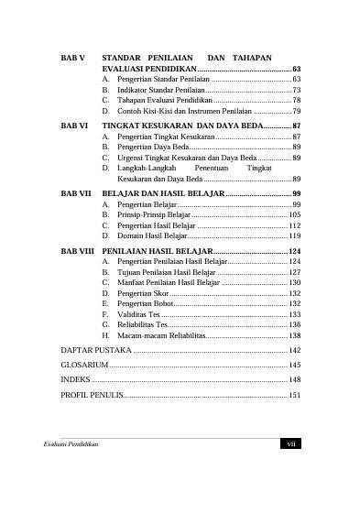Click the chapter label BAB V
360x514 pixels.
[x=72, y=58]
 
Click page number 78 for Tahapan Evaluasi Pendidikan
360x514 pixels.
[x=296, y=101]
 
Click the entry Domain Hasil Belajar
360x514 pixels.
[x=147, y=235]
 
